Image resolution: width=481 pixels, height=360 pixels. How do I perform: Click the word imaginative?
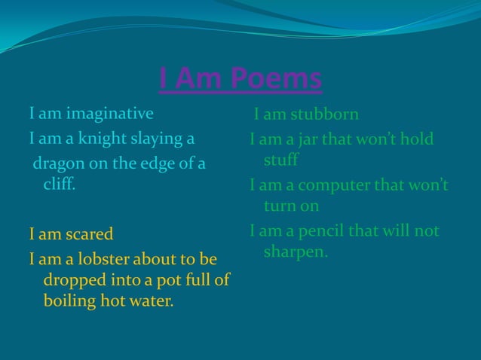[109, 114]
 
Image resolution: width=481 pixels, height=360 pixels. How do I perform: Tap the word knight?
[107, 139]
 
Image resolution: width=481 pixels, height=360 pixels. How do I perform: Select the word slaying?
[164, 139]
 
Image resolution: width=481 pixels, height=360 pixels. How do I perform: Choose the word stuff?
[280, 160]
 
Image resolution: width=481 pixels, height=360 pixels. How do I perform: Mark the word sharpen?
[295, 252]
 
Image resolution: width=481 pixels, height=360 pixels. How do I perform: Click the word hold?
[417, 140]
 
